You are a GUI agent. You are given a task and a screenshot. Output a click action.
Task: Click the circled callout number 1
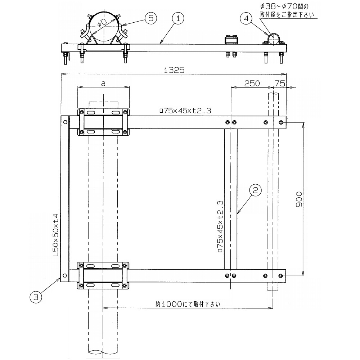(178, 19)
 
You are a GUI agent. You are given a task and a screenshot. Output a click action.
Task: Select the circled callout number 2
(256, 190)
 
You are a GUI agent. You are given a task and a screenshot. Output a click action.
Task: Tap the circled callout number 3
(36, 297)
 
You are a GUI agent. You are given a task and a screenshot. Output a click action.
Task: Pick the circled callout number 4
(246, 18)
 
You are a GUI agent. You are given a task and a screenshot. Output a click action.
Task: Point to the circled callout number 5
(150, 18)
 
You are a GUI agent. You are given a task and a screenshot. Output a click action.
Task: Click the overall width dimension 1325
(174, 70)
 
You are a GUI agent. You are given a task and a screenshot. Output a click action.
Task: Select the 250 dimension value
(252, 83)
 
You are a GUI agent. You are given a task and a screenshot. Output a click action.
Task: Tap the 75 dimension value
(280, 83)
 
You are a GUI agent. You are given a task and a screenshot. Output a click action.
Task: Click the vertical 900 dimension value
(299, 199)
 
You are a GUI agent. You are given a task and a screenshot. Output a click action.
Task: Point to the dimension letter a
(103, 84)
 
